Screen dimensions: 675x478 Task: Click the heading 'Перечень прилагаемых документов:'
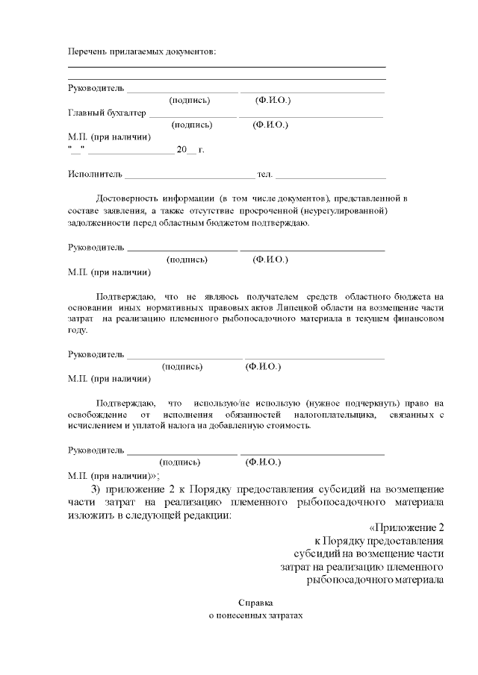pyautogui.click(x=141, y=51)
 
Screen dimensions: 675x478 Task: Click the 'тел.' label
pyautogui.click(x=265, y=175)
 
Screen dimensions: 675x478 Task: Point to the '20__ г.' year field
pyautogui.click(x=190, y=149)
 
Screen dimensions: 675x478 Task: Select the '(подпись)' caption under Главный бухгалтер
pyautogui.click(x=193, y=125)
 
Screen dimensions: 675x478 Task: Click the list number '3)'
pyautogui.click(x=100, y=489)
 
